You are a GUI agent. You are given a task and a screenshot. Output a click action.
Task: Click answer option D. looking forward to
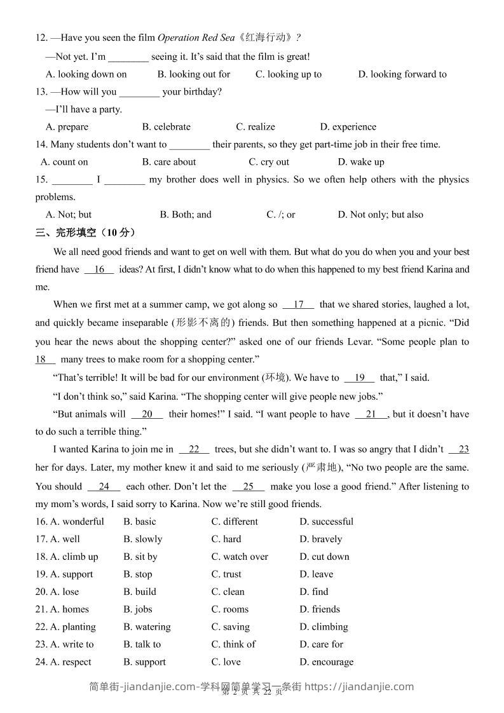coord(402,74)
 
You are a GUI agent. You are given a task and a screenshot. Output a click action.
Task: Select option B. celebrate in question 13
coord(167,127)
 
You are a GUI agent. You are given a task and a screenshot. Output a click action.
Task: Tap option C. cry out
coord(269,162)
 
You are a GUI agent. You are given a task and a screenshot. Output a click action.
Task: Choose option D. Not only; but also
coord(380,215)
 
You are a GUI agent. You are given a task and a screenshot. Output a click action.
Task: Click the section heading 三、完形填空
coord(86,233)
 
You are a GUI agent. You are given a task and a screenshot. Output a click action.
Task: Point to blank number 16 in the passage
coord(99,269)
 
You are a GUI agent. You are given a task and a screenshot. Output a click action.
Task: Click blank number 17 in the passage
coord(299,304)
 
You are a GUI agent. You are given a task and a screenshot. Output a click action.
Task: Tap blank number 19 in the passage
coord(360,377)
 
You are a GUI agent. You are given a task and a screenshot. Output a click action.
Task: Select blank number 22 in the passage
coord(194,450)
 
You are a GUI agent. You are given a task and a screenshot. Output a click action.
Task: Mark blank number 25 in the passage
coord(249,487)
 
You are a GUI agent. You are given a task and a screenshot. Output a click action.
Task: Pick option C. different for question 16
coord(235,522)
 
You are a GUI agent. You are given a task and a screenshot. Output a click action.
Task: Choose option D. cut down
coord(324,557)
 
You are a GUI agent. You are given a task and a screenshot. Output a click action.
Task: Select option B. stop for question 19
coord(138,574)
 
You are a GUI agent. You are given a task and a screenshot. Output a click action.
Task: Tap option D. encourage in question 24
coord(326,662)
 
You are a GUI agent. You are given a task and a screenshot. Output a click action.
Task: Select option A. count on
coord(64,162)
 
